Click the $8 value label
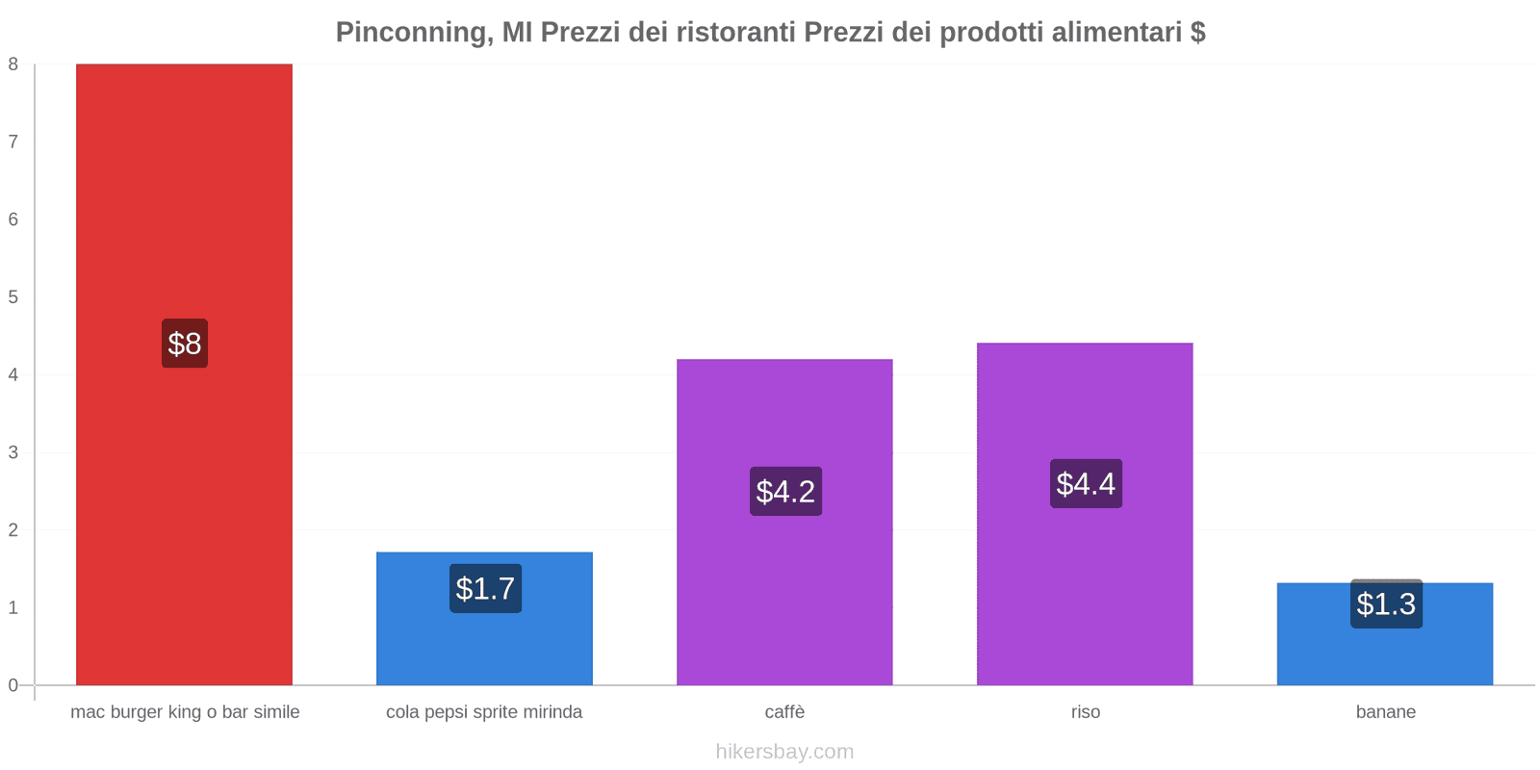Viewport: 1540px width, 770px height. point(184,344)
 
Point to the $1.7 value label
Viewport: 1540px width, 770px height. point(485,588)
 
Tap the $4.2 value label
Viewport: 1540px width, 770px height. point(785,492)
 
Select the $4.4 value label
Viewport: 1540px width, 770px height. point(1086,483)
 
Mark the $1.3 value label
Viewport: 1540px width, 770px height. point(1386,604)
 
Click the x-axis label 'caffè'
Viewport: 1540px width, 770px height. point(784,712)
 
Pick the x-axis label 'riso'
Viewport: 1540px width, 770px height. point(1085,712)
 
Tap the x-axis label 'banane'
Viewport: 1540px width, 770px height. point(1385,712)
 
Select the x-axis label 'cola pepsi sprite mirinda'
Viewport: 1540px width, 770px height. point(484,712)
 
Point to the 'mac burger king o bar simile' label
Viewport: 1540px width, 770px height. point(185,712)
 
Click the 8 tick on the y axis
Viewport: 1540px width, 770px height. point(13,64)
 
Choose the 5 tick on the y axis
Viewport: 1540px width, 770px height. point(13,297)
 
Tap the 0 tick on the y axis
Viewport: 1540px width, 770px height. point(13,685)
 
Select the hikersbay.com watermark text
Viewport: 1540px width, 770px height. point(784,752)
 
